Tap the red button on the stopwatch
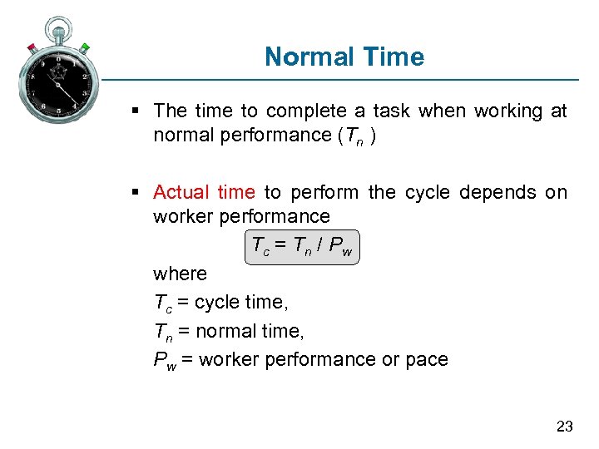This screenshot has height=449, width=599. point(32,47)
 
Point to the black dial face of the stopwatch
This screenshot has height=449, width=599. point(58,86)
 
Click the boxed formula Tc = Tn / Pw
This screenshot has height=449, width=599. point(303,246)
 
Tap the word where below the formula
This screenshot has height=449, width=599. point(180,274)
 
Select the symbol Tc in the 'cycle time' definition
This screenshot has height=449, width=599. point(163,303)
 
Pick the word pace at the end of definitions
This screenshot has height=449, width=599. point(427,360)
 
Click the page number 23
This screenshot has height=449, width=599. point(564,427)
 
